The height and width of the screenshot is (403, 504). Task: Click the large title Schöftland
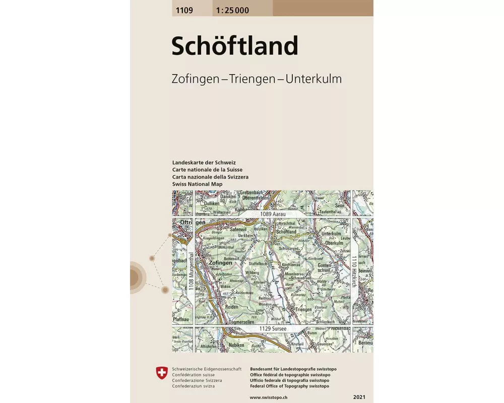click(235, 46)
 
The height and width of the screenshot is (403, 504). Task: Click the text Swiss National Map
click(197, 184)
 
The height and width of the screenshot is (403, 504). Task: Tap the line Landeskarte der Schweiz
click(204, 163)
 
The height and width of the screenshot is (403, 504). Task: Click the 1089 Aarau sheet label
click(273, 215)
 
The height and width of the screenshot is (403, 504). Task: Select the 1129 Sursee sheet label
click(274, 329)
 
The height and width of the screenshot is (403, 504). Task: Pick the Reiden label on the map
click(231, 306)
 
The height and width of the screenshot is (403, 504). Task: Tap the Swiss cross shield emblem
click(162, 373)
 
